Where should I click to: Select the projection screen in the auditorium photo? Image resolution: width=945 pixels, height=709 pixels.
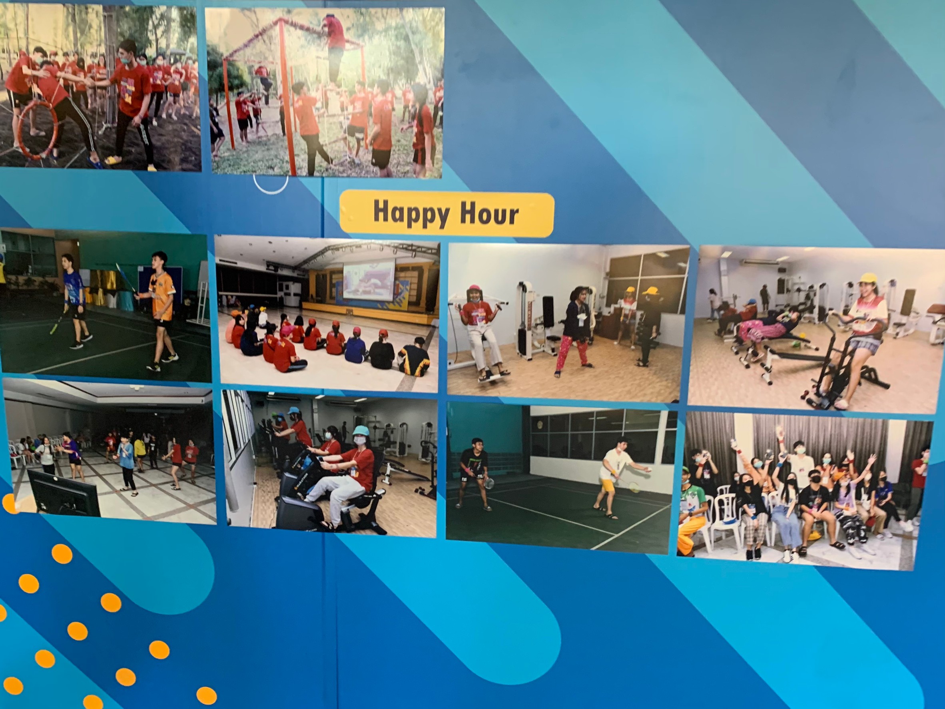(369, 279)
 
